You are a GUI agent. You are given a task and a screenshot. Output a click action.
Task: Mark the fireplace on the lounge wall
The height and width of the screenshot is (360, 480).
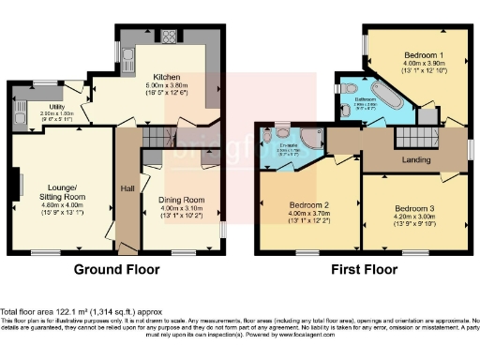[x=16, y=187]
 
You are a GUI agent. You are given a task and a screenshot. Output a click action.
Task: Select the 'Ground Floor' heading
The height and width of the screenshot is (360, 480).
[x=117, y=269]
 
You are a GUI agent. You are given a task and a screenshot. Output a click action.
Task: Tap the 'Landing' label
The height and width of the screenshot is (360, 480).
[x=416, y=160]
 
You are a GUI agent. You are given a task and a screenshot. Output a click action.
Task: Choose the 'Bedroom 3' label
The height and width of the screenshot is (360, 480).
[x=414, y=207]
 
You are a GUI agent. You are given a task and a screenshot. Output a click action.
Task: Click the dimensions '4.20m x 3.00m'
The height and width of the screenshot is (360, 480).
[x=415, y=217]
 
